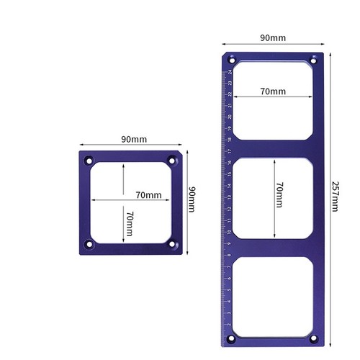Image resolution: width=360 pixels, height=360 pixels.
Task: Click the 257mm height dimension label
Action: click(x=336, y=194)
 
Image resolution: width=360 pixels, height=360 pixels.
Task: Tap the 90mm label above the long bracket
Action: click(x=272, y=37)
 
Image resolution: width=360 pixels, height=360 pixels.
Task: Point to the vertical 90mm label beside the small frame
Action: click(x=192, y=199)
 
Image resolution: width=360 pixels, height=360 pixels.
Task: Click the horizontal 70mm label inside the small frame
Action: click(x=149, y=194)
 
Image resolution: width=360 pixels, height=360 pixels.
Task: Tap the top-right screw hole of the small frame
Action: click(x=171, y=160)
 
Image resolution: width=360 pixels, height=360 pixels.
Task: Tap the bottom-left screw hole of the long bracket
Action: click(x=231, y=338)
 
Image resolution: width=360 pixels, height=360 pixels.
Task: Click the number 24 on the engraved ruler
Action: click(x=230, y=72)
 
